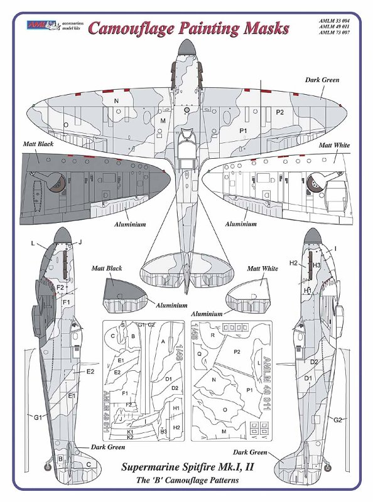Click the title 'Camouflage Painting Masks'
click(188, 28)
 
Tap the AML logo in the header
click(42, 26)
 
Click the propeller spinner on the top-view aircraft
click(187, 47)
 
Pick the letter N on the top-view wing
click(116, 100)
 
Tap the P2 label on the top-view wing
click(280, 112)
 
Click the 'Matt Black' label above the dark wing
click(38, 144)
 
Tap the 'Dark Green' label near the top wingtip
click(322, 80)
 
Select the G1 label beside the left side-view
click(38, 417)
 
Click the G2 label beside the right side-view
click(337, 419)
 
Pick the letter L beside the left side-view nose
click(33, 242)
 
